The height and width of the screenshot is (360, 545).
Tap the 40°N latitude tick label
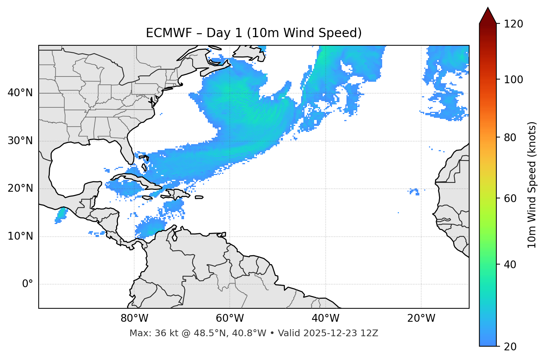pos(20,93)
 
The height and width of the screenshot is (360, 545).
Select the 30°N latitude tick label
pos(20,141)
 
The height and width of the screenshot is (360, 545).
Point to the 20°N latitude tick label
pos(20,188)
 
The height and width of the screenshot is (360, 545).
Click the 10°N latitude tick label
pos(20,236)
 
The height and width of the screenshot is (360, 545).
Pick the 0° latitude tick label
pos(28,284)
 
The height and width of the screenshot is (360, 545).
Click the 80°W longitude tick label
pos(134,318)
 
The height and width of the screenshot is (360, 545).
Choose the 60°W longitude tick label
pos(229,318)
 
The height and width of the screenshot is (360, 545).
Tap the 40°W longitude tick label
pos(325,318)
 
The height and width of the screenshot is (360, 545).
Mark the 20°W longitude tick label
pos(421,318)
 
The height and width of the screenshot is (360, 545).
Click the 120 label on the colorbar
pos(513,24)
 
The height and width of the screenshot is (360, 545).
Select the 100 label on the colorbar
pos(513,80)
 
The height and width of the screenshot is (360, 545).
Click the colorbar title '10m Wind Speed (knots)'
pos(532,185)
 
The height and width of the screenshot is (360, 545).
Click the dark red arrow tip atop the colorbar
pos(488,15)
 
